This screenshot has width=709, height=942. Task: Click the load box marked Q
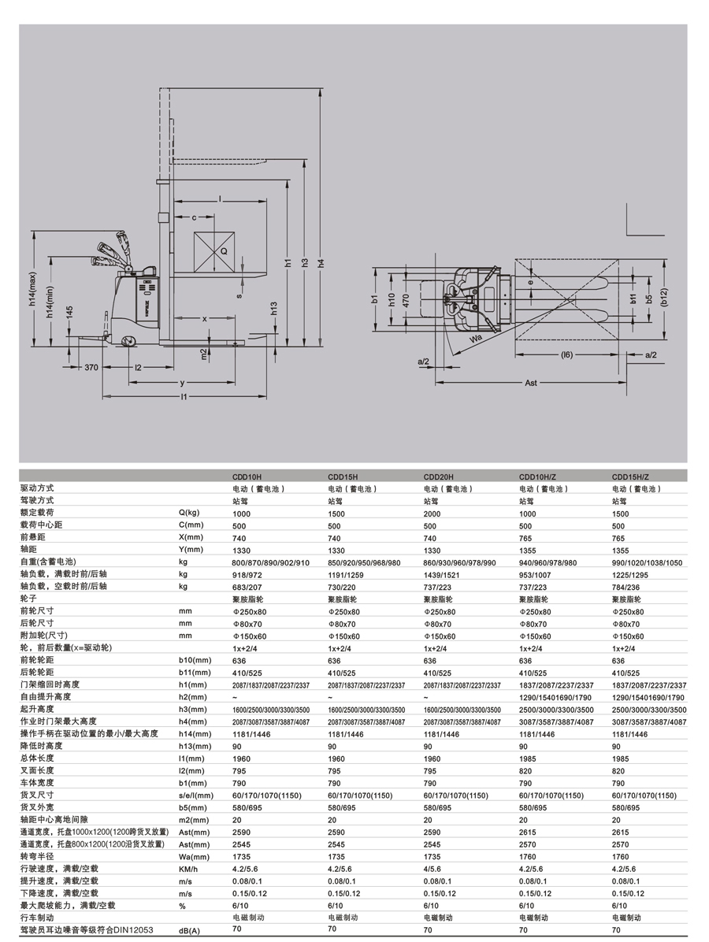click(215, 250)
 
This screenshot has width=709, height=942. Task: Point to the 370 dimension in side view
click(91, 368)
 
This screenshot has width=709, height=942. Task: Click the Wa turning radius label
click(476, 338)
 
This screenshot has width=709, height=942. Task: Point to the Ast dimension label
click(531, 382)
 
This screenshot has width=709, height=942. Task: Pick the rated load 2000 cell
click(430, 513)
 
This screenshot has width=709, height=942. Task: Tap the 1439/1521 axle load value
click(440, 574)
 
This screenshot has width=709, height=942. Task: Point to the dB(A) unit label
click(191, 930)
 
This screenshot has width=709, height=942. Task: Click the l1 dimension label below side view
click(182, 397)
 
